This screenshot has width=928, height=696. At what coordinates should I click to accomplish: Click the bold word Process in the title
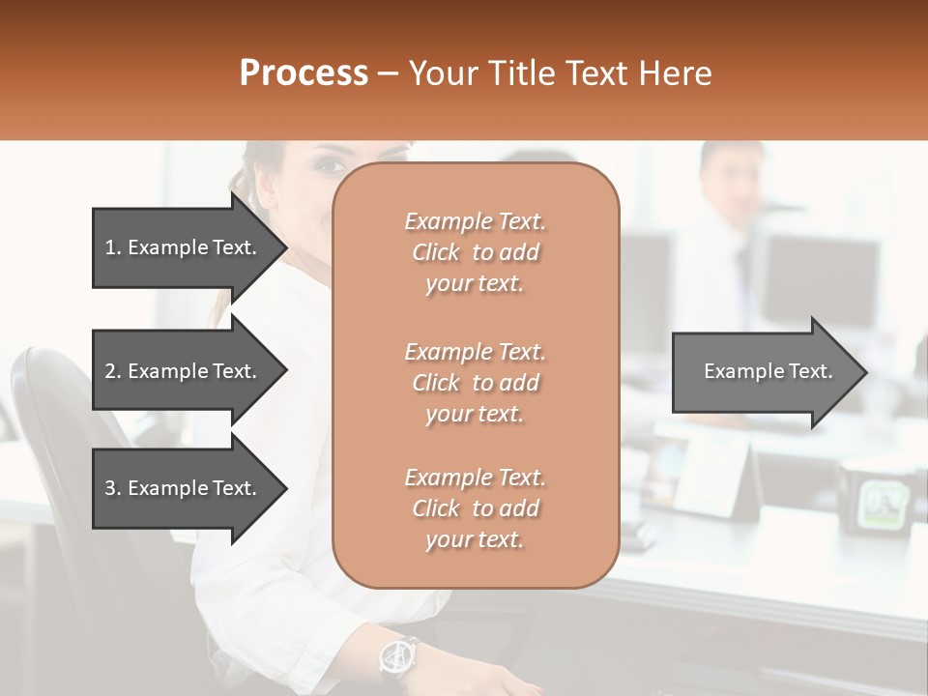click(304, 73)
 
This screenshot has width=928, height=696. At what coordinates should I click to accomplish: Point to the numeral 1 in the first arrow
click(109, 247)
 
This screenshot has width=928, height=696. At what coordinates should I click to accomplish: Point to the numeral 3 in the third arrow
click(110, 488)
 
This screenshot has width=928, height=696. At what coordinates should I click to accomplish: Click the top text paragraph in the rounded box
click(475, 252)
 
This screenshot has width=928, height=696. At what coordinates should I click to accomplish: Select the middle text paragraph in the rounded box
click(475, 383)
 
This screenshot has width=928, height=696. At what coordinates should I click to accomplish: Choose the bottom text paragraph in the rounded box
click(475, 508)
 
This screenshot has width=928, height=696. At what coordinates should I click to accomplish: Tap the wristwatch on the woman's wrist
click(397, 656)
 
